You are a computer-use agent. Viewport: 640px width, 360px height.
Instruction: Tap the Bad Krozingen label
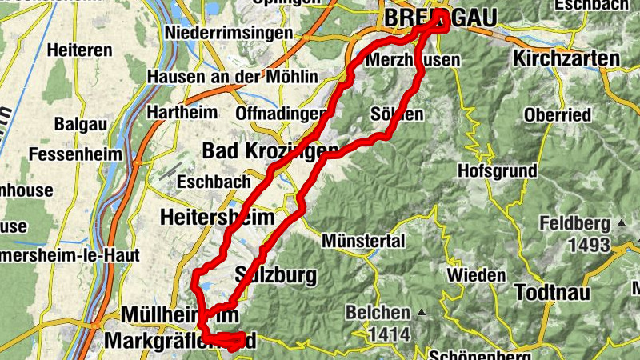258,150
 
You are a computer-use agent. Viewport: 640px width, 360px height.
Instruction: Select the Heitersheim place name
217,217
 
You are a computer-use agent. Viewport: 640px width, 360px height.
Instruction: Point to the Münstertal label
364,241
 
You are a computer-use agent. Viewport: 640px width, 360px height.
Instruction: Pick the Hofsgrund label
494,170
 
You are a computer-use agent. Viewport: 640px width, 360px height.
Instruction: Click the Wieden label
476,275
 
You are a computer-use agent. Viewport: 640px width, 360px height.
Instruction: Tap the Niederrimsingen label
228,34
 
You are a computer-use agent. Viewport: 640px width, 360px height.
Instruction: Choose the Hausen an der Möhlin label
233,77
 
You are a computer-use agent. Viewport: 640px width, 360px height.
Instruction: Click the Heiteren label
79,50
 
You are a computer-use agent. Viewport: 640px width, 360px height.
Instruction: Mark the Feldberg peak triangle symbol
621,222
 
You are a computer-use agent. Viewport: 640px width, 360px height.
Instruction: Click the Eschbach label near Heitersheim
214,182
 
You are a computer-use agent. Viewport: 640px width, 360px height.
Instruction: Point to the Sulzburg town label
275,276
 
